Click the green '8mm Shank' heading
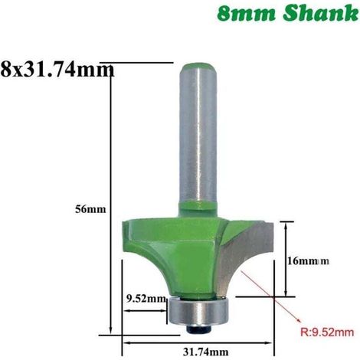click(x=288, y=14)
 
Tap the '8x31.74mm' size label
click(x=57, y=70)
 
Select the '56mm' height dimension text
click(x=90, y=209)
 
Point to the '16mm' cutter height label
click(x=308, y=261)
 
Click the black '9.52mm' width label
click(x=146, y=299)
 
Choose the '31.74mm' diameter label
click(x=205, y=352)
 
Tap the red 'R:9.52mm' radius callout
click(x=327, y=332)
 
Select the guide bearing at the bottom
click(x=197, y=311)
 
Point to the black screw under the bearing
click(x=198, y=329)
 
